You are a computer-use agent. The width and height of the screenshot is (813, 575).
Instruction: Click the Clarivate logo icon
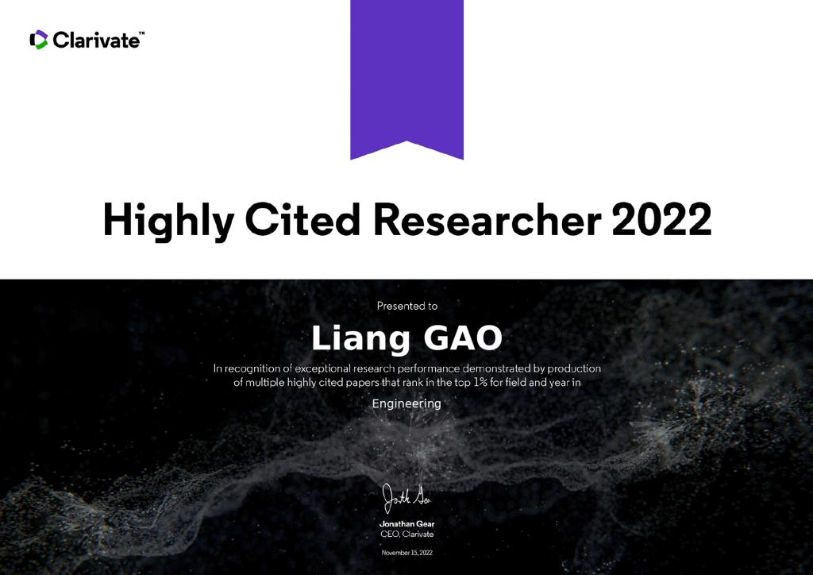coord(39,40)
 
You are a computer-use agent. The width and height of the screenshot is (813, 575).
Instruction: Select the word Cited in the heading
coord(302,219)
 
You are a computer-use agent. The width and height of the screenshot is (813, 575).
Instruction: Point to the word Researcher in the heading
coord(487,219)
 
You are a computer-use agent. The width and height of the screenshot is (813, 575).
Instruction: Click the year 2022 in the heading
coord(661,219)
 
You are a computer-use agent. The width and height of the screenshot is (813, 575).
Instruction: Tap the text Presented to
coord(407,306)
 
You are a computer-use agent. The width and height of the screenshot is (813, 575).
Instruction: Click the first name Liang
coord(360,339)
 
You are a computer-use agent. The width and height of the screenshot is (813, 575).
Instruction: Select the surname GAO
coord(463,338)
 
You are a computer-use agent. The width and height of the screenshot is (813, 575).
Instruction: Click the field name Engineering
coord(406,404)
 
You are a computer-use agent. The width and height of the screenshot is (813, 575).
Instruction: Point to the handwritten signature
coord(406,498)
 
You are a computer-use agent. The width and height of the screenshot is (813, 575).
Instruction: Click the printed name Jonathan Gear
coord(407,523)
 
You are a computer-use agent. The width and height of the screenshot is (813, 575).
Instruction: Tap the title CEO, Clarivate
coord(407,534)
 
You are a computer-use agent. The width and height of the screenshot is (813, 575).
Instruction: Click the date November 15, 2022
coord(407,553)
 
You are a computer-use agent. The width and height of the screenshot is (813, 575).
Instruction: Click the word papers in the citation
coord(362,383)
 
